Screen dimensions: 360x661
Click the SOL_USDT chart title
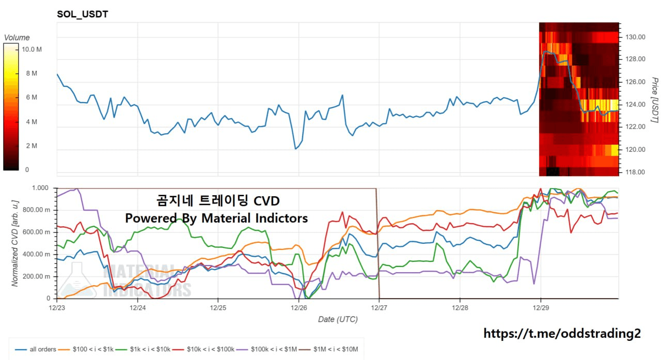coord(82,14)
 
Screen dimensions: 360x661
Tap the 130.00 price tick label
coord(635,37)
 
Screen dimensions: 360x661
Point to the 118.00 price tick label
coord(635,172)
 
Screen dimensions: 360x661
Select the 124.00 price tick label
coord(635,104)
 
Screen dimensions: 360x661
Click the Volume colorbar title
coord(17,38)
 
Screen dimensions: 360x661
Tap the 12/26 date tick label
coord(298,308)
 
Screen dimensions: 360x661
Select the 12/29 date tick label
coord(540,308)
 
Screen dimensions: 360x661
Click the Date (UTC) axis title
coord(338,319)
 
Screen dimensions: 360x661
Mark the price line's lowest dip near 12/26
coord(296,149)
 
